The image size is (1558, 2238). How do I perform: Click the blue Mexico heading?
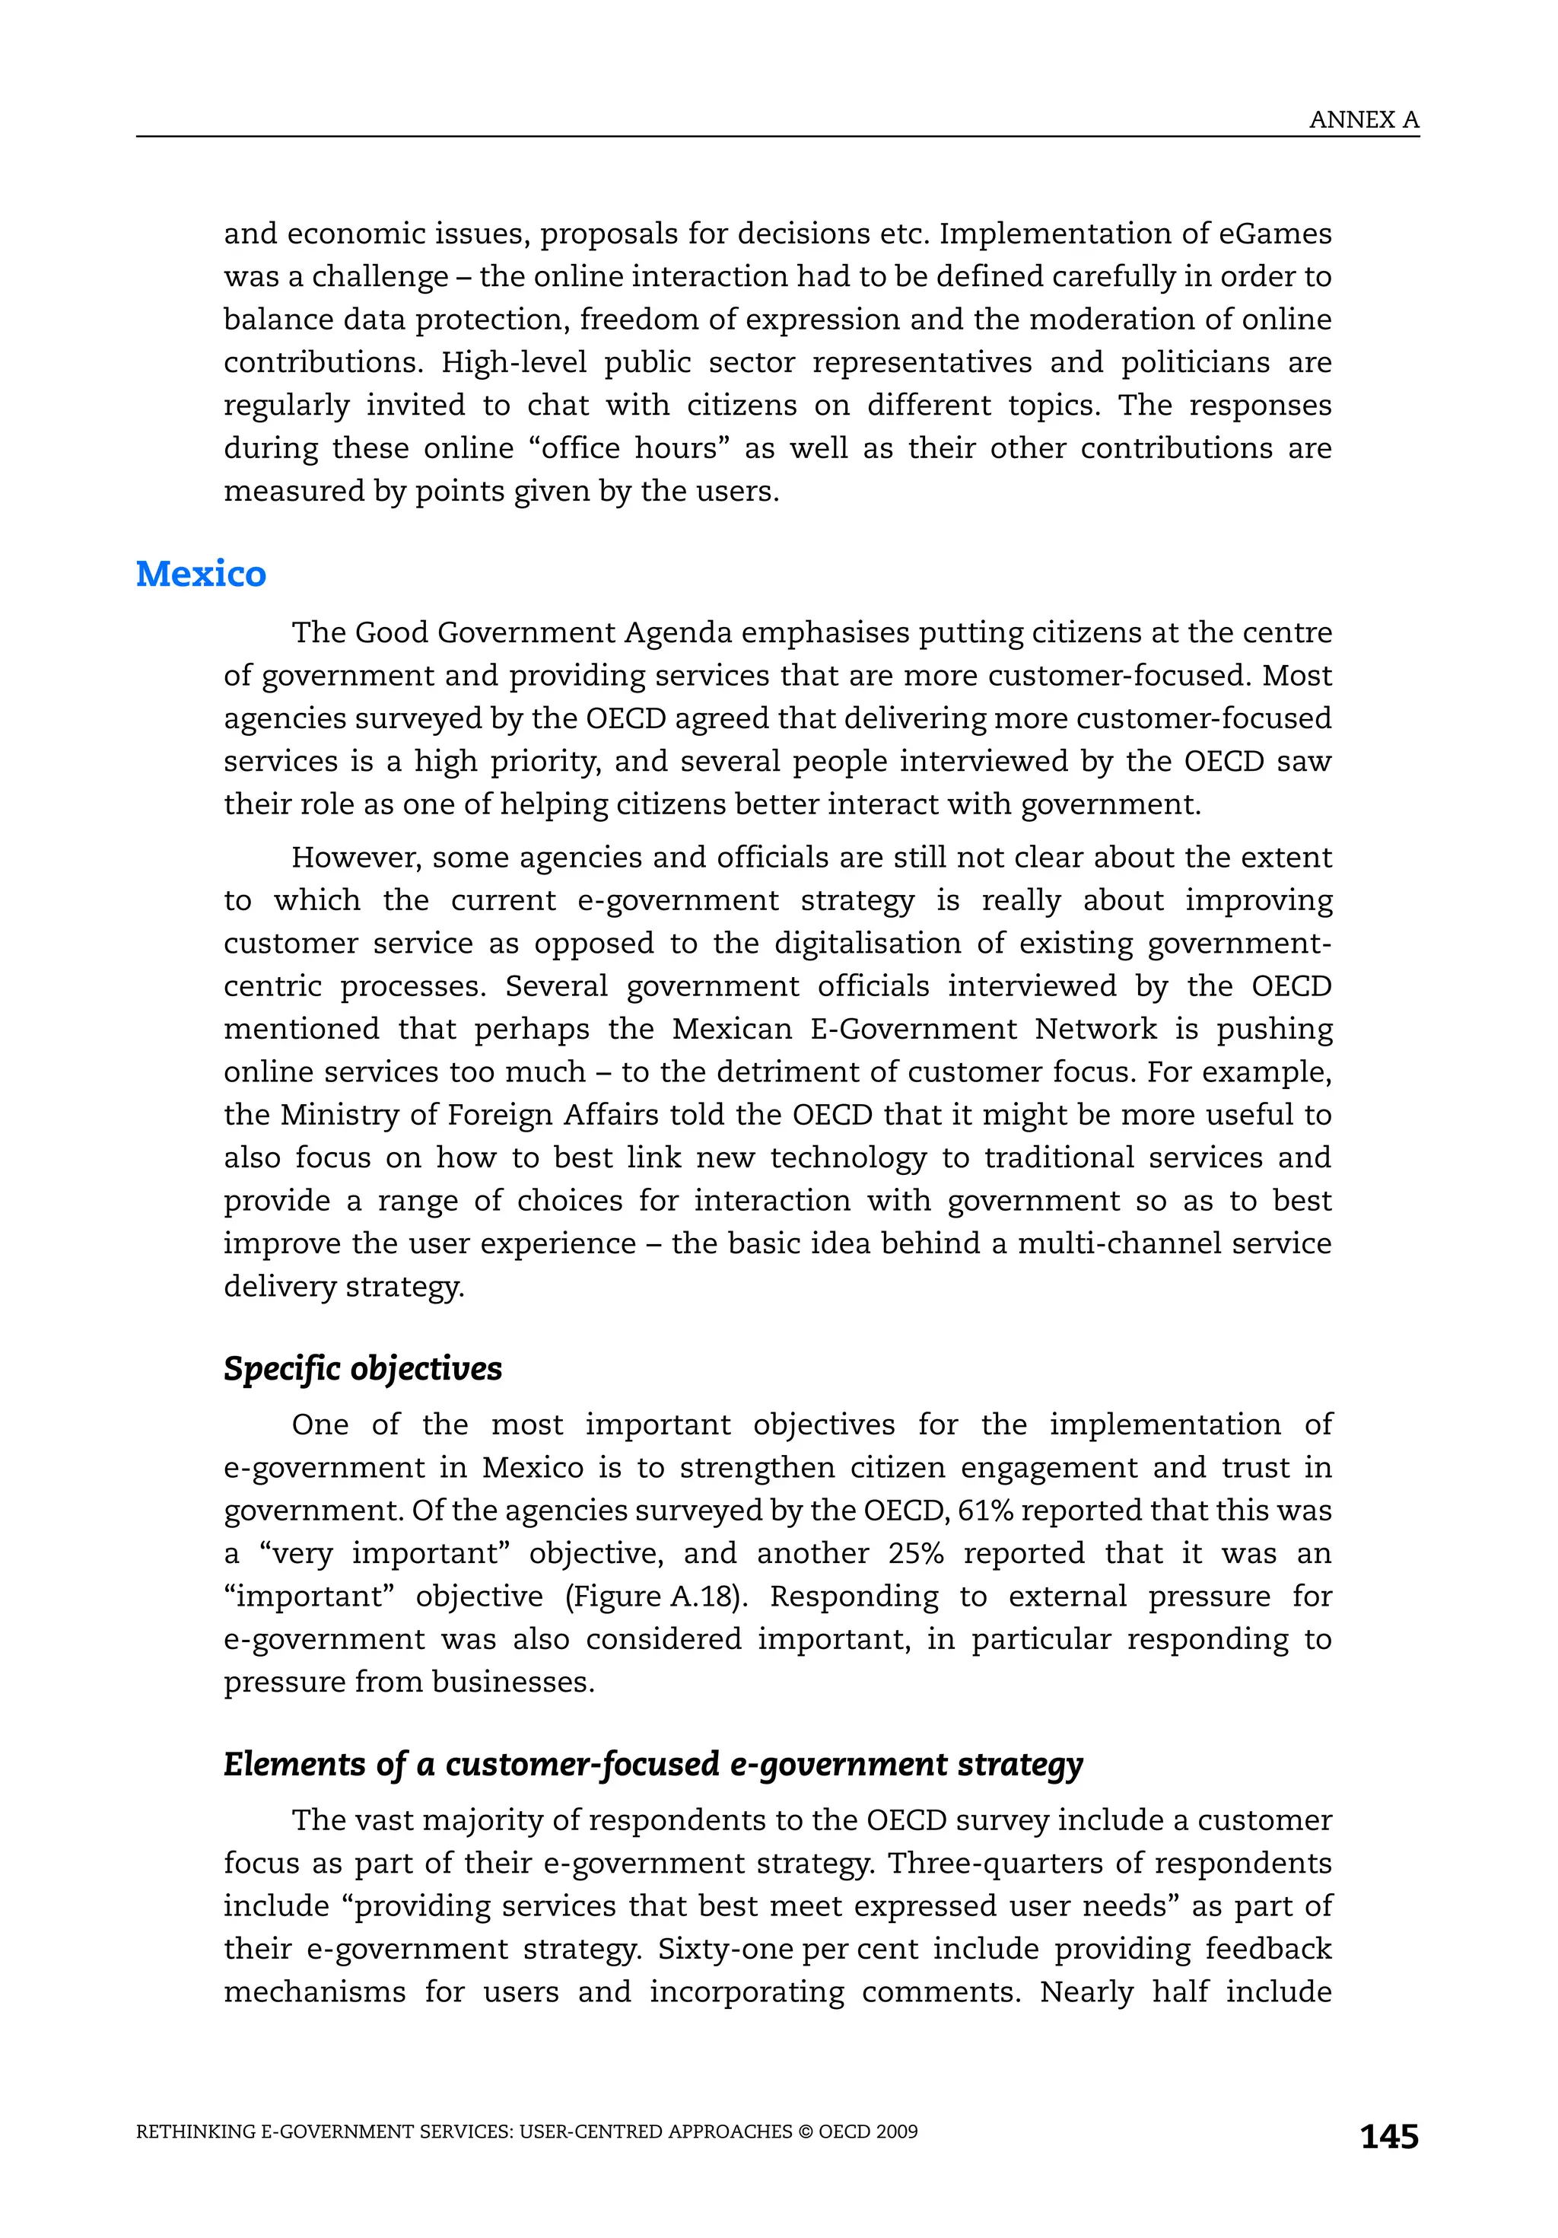201,573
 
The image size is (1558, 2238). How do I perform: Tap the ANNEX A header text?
1363,120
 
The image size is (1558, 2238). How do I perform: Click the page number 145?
1388,2136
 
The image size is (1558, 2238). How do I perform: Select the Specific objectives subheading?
362,1368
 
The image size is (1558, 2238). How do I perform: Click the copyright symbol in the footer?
805,2131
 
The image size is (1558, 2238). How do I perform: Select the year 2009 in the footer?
896,2131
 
